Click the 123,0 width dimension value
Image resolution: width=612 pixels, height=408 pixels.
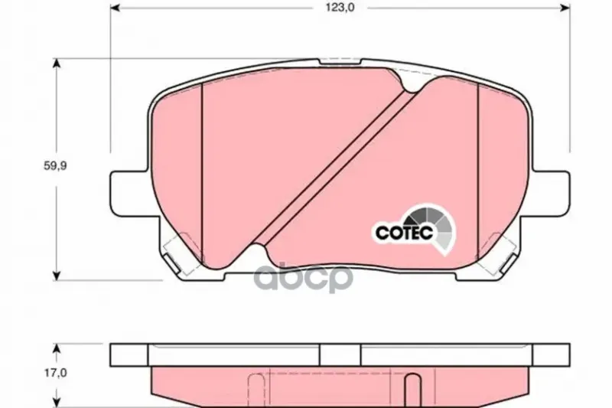(x=340, y=8)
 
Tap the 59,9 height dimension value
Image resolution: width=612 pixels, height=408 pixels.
(x=55, y=165)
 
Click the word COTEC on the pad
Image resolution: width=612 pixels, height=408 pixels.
(x=404, y=233)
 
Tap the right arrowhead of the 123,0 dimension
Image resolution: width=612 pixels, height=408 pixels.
(x=565, y=8)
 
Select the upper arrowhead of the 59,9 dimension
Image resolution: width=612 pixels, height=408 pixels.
(x=57, y=64)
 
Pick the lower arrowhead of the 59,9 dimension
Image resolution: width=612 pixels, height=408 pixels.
(x=57, y=275)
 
